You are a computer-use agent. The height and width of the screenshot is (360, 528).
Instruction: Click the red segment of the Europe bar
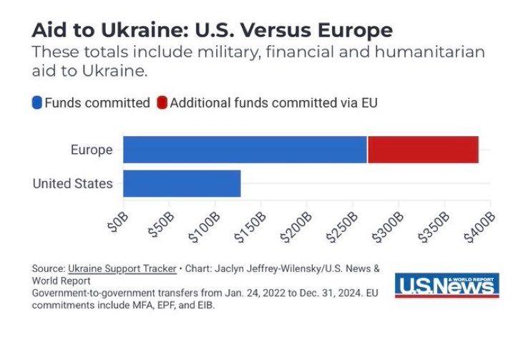423,149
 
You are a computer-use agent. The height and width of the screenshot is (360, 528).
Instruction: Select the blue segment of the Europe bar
245,149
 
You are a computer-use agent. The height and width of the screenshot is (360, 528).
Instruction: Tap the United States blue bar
182,183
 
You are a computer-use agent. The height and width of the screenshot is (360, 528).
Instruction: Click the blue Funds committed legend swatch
37,103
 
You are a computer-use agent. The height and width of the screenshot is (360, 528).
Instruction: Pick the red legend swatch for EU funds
162,103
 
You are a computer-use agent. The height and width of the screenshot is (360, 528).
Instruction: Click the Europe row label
92,150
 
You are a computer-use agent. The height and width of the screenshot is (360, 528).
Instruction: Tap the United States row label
72,184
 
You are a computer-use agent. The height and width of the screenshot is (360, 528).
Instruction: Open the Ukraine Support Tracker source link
122,268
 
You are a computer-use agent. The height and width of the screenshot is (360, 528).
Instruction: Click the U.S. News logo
446,285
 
